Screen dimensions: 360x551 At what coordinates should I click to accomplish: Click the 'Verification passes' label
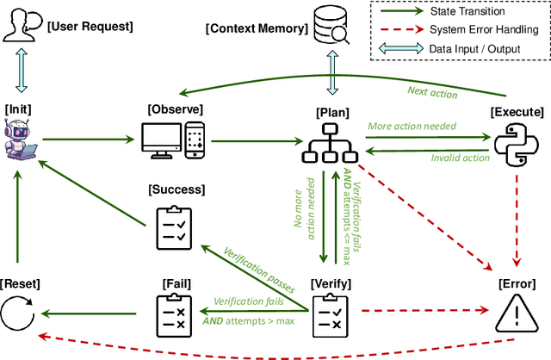(259, 269)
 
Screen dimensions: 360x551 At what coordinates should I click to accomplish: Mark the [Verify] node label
(331, 282)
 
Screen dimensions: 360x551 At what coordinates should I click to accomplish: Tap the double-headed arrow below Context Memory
(331, 71)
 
